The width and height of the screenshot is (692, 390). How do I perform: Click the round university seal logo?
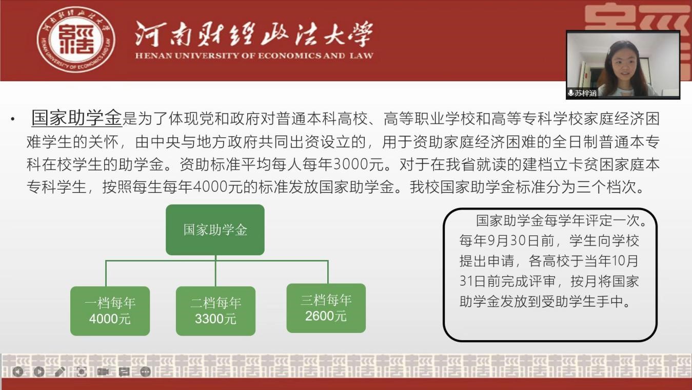click(x=76, y=40)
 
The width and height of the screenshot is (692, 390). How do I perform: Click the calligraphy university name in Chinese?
click(x=253, y=34)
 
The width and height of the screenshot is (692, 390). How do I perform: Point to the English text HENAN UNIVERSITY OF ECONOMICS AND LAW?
click(x=254, y=56)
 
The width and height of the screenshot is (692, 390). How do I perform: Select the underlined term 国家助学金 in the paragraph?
click(x=76, y=118)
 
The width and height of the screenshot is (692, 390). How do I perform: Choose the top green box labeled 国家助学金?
click(x=215, y=230)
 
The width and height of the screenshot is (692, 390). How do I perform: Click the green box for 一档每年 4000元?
click(x=110, y=311)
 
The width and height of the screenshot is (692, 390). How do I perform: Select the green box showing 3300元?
click(x=215, y=311)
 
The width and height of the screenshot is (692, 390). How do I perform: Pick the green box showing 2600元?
click(x=326, y=308)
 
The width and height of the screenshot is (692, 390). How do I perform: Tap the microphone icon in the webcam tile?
click(x=571, y=93)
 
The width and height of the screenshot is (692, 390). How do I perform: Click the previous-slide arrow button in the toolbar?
click(x=18, y=372)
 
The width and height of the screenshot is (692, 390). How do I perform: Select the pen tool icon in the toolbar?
click(x=60, y=372)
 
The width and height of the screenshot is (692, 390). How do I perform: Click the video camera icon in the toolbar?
click(x=103, y=372)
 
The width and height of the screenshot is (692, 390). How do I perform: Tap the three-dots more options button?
click(x=146, y=372)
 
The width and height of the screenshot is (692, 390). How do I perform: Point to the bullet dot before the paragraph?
click(x=12, y=119)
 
